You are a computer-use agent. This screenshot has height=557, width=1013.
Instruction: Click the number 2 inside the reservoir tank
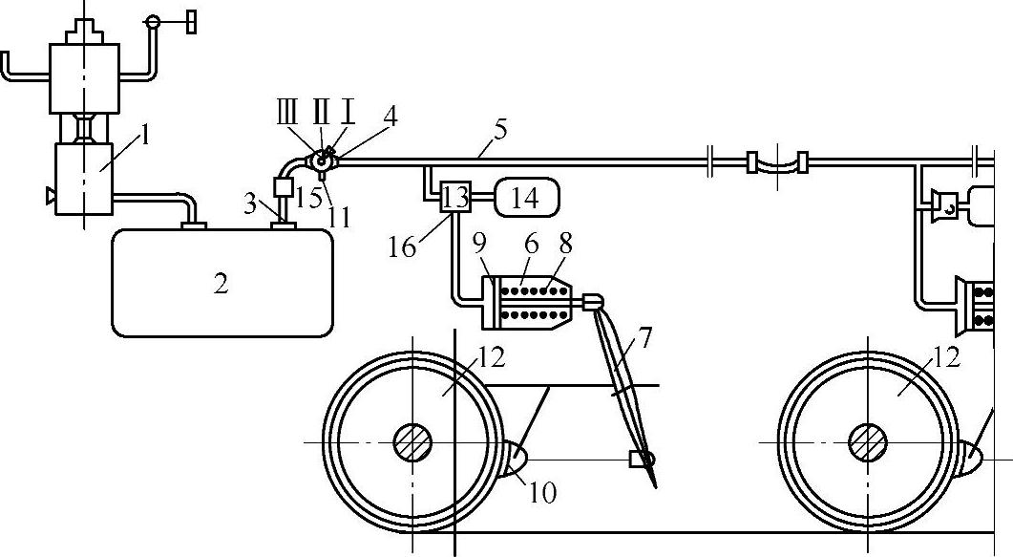click(222, 284)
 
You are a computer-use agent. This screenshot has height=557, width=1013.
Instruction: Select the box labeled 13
click(456, 198)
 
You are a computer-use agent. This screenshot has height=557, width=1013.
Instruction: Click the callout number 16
click(403, 247)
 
